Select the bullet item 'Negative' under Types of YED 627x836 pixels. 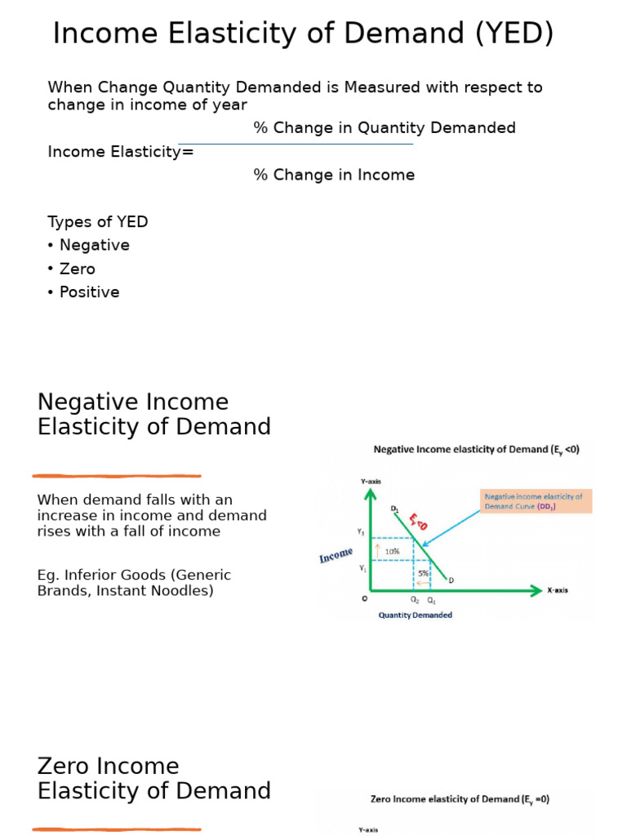[94, 245]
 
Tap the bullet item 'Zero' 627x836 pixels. [77, 269]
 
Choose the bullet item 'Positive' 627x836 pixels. [89, 292]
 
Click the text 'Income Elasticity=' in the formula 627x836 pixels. [121, 152]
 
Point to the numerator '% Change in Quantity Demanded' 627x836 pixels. [385, 128]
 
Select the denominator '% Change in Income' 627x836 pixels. [334, 175]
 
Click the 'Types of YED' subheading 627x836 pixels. [98, 222]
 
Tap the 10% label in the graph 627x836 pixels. [393, 552]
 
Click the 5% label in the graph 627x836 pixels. [423, 574]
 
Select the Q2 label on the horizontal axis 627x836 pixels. [415, 600]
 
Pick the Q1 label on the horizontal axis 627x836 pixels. [431, 600]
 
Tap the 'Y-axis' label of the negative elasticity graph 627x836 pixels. [371, 482]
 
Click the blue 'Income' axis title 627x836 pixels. [336, 556]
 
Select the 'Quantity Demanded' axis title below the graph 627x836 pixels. [415, 616]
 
